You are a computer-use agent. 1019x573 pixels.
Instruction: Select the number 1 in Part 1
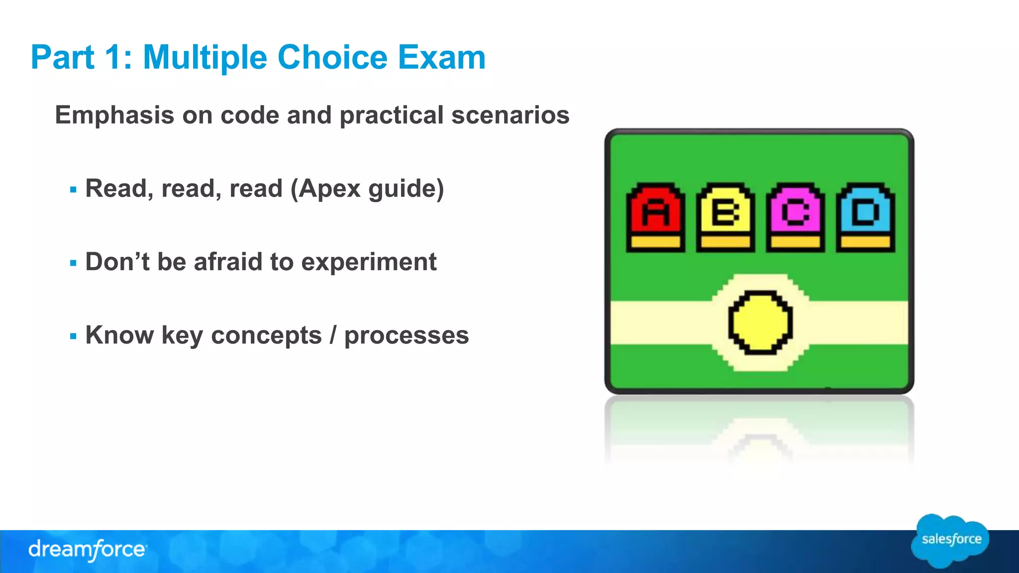[113, 58]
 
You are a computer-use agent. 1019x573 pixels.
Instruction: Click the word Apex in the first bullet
[329, 189]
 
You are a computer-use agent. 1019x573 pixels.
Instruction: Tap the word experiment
[369, 262]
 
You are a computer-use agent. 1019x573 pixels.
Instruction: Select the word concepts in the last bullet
[266, 335]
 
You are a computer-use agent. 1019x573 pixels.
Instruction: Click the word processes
[407, 335]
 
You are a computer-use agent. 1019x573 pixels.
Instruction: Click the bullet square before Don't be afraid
[74, 263]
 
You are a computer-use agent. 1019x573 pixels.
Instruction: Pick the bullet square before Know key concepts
[74, 337]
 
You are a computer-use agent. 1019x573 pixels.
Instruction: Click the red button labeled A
[655, 214]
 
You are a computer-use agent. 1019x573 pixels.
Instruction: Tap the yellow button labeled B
[725, 214]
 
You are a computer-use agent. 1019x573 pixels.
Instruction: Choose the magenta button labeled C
[795, 214]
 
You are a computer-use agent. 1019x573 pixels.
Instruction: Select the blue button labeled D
[865, 214]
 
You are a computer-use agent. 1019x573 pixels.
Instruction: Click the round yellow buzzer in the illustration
[760, 322]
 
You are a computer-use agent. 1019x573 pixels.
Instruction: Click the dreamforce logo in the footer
[88, 550]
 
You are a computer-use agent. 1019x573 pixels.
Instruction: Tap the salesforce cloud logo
[950, 541]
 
